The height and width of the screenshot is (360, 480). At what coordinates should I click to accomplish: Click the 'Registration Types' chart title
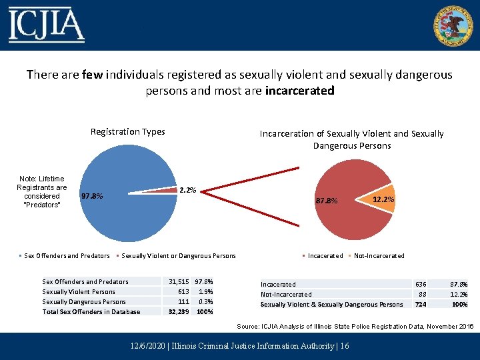pyautogui.click(x=127, y=131)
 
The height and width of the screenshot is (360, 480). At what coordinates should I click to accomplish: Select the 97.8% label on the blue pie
pyautogui.click(x=91, y=196)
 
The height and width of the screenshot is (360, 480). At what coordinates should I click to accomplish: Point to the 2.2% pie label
pyautogui.click(x=188, y=191)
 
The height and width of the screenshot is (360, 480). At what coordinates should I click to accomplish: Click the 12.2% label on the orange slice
pyautogui.click(x=383, y=199)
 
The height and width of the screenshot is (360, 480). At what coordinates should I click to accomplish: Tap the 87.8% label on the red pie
pyautogui.click(x=327, y=201)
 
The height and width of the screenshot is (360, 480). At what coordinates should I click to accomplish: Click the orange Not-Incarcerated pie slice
pyautogui.click(x=383, y=199)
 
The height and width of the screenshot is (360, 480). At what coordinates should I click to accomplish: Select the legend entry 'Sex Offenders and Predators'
pyautogui.click(x=67, y=255)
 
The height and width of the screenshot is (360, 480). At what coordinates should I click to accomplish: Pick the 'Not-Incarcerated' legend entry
pyautogui.click(x=379, y=255)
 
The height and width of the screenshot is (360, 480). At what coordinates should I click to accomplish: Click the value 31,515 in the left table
pyautogui.click(x=179, y=281)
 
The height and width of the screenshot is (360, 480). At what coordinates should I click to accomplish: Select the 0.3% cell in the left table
pyautogui.click(x=205, y=301)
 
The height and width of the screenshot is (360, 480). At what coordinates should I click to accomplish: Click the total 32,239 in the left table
pyautogui.click(x=179, y=311)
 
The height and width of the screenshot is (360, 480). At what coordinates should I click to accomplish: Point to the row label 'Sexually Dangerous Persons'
pyautogui.click(x=84, y=301)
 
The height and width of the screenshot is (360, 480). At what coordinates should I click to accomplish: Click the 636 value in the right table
pyautogui.click(x=421, y=284)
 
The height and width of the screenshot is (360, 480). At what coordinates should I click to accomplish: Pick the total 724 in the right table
pyautogui.click(x=421, y=304)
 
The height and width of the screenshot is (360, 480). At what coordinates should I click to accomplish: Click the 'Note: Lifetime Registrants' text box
pyautogui.click(x=42, y=192)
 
